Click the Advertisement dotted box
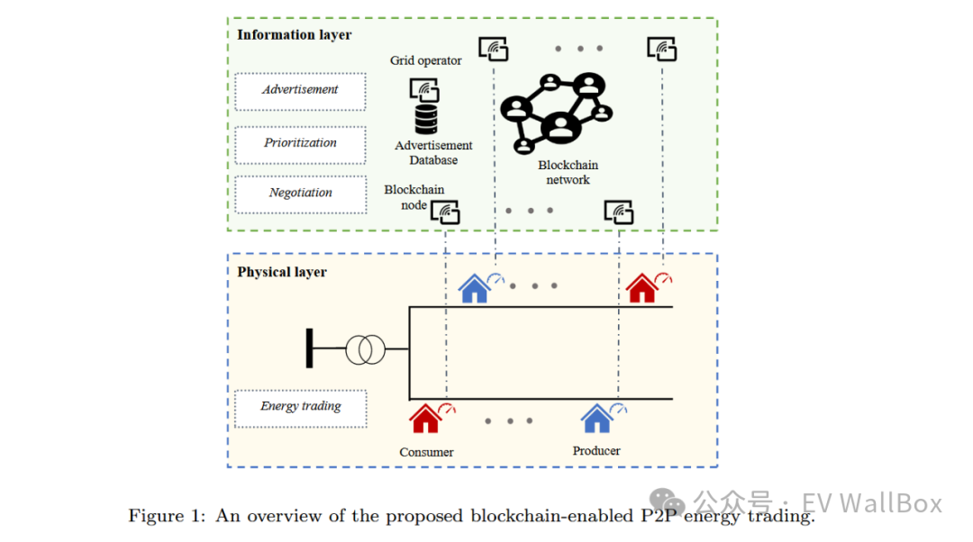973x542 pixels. (x=300, y=91)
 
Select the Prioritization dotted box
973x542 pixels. (x=300, y=144)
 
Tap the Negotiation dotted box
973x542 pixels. (x=300, y=194)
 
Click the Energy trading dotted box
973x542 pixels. (x=300, y=407)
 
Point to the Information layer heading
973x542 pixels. (x=294, y=35)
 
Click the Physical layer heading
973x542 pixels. (x=282, y=272)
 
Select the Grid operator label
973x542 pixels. (x=425, y=61)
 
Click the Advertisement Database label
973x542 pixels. (x=433, y=153)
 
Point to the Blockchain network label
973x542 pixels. (x=568, y=173)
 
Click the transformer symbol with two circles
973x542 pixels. (x=365, y=348)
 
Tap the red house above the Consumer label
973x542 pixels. (x=425, y=418)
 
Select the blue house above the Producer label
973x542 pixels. (x=596, y=418)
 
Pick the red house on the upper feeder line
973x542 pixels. (x=642, y=288)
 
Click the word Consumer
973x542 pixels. (x=426, y=452)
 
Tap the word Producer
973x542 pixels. (x=596, y=450)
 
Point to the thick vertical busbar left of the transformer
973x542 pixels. (x=309, y=348)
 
